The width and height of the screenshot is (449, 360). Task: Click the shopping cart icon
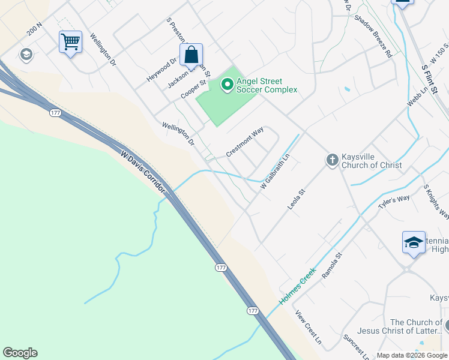pos(71,42)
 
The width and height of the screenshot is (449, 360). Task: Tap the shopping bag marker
pos(191,55)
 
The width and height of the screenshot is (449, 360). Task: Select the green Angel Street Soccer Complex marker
pos(227,85)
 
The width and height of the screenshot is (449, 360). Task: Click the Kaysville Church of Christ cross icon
pos(332,160)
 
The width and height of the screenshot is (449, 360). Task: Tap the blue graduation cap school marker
pos(413,242)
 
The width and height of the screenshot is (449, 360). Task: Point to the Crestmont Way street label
pos(245,142)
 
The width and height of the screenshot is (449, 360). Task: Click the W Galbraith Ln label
pos(275,173)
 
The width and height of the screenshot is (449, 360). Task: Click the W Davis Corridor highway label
pos(143,172)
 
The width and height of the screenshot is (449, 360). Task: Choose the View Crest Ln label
pos(309,327)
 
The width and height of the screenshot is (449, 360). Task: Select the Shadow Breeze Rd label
pos(373,36)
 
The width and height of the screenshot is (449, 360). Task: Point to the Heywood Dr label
pos(161,70)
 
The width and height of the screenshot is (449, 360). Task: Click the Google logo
pos(20,353)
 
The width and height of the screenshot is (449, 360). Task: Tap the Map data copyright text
pos(411,355)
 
